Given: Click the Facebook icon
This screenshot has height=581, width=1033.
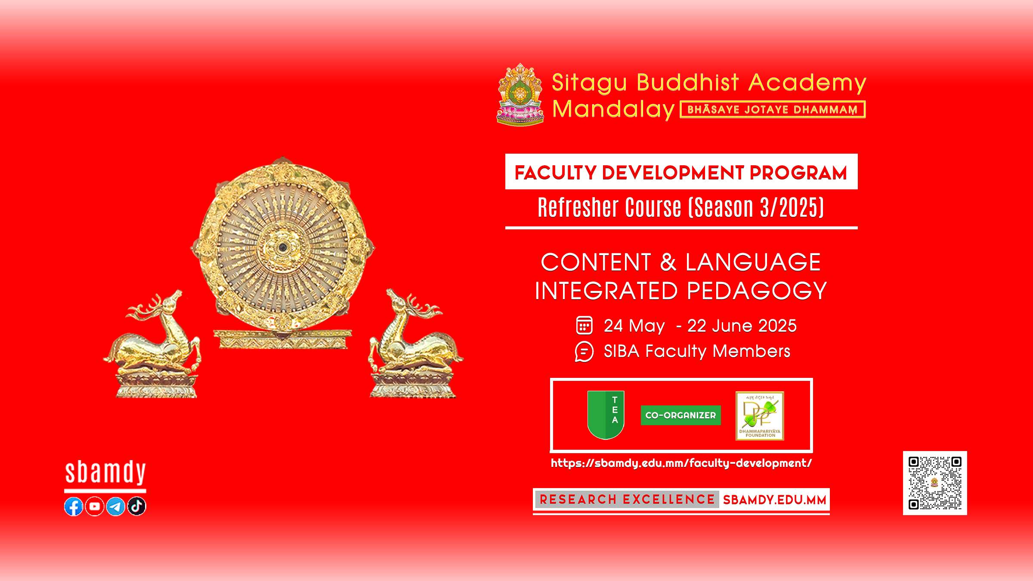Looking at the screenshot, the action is coord(74,507).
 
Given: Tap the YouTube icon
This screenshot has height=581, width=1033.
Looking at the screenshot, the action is coord(95,507).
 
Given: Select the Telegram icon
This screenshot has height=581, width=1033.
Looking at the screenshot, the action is coord(116,507).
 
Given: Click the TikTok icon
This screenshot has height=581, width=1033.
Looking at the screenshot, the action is coord(137,507).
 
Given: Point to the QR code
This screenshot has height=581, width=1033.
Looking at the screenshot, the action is coord(935,483).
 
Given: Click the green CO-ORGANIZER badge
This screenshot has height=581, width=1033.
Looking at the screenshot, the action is coord(680,415).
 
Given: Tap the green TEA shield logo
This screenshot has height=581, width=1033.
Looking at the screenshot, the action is coord(606,415).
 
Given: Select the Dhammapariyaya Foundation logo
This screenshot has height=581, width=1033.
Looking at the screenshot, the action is coord(760,416).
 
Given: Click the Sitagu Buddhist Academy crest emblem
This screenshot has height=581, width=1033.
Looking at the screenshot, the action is coord(520,95).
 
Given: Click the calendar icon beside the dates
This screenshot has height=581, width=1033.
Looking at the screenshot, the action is coord(584,325).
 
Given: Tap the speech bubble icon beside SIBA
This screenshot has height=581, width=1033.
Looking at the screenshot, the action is coord(584,352).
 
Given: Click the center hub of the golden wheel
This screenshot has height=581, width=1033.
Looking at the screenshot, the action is coord(282,247).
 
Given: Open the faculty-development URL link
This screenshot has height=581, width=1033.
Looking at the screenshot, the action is coord(681,463).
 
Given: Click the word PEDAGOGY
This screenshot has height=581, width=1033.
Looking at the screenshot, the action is coord(757,291).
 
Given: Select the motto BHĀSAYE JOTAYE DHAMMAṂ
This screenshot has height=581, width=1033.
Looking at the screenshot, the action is coord(773,109).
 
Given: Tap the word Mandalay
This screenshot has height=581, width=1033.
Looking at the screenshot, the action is coord(613,109).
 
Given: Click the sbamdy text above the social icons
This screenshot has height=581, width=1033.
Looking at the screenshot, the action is coord(105,473).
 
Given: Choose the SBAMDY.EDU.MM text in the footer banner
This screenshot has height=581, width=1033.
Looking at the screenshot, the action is coord(775,500).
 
